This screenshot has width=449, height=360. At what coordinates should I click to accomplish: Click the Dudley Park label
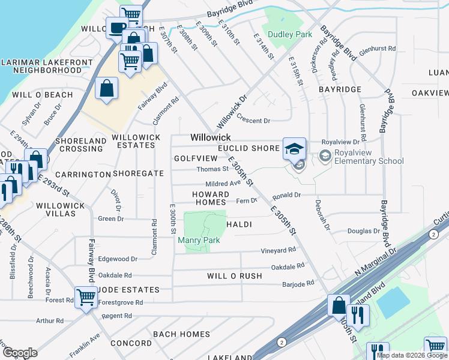[x=290, y=35]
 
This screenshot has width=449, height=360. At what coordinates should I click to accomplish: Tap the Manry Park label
[x=199, y=241]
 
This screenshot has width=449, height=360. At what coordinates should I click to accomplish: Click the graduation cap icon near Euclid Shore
[x=294, y=149]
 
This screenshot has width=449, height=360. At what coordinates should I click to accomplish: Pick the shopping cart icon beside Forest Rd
[x=86, y=296]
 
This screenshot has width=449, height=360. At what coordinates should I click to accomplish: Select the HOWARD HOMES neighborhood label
[x=211, y=198]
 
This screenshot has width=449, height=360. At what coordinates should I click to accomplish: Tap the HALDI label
[x=238, y=224]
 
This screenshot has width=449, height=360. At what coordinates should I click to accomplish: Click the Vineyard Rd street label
[x=278, y=250]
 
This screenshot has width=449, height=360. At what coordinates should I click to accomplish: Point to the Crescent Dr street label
[x=253, y=121]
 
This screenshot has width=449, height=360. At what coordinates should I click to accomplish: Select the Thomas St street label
[x=212, y=169]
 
